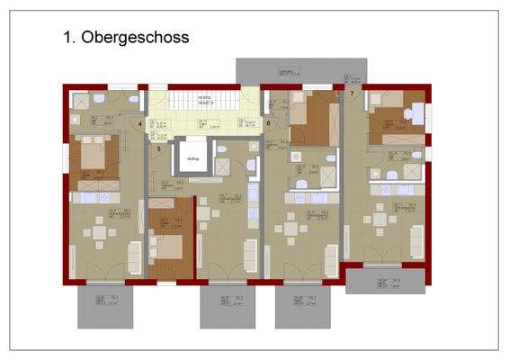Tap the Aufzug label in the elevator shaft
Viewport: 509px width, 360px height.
point(192,159)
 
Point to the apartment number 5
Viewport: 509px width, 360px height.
point(158,148)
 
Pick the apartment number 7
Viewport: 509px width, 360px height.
point(352,93)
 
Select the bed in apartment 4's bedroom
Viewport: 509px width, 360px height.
point(94,155)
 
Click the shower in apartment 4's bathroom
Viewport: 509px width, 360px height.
point(81,99)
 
